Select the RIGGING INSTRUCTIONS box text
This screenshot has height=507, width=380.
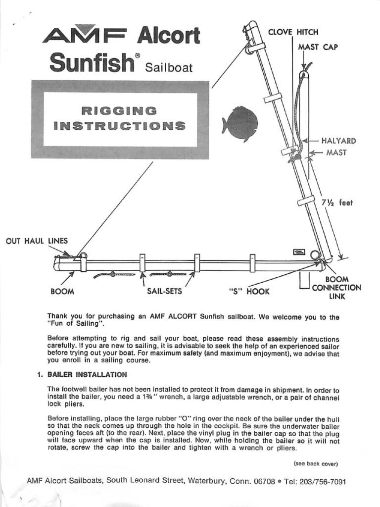click(120, 118)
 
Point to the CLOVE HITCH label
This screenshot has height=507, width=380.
click(293, 32)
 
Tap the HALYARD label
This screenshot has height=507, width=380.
click(339, 141)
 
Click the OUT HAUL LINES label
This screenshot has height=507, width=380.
click(36, 241)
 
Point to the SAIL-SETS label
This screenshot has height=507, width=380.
click(164, 291)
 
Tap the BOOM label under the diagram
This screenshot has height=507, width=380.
click(62, 291)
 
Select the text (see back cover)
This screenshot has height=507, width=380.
click(315, 463)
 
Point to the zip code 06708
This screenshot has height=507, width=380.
click(263, 481)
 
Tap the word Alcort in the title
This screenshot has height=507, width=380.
click(168, 36)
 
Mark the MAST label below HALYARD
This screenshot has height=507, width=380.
click(336, 152)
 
